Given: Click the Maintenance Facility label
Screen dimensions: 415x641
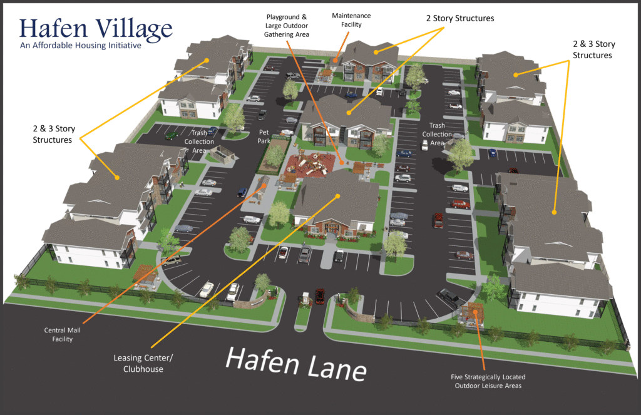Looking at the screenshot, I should [351, 19].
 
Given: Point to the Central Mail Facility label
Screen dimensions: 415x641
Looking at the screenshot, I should [58, 335].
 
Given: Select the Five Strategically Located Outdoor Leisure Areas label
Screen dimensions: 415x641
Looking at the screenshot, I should [488, 381].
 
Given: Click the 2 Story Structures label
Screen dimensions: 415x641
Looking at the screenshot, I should [459, 19].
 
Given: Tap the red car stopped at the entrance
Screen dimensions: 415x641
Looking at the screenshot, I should [319, 295].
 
